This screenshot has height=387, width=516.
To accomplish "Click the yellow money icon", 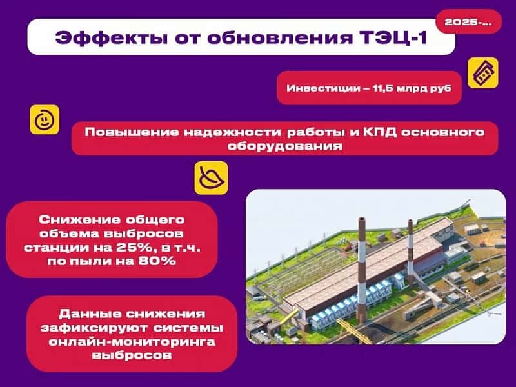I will tap(482, 73).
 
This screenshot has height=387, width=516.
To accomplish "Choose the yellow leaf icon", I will tap(210, 177).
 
